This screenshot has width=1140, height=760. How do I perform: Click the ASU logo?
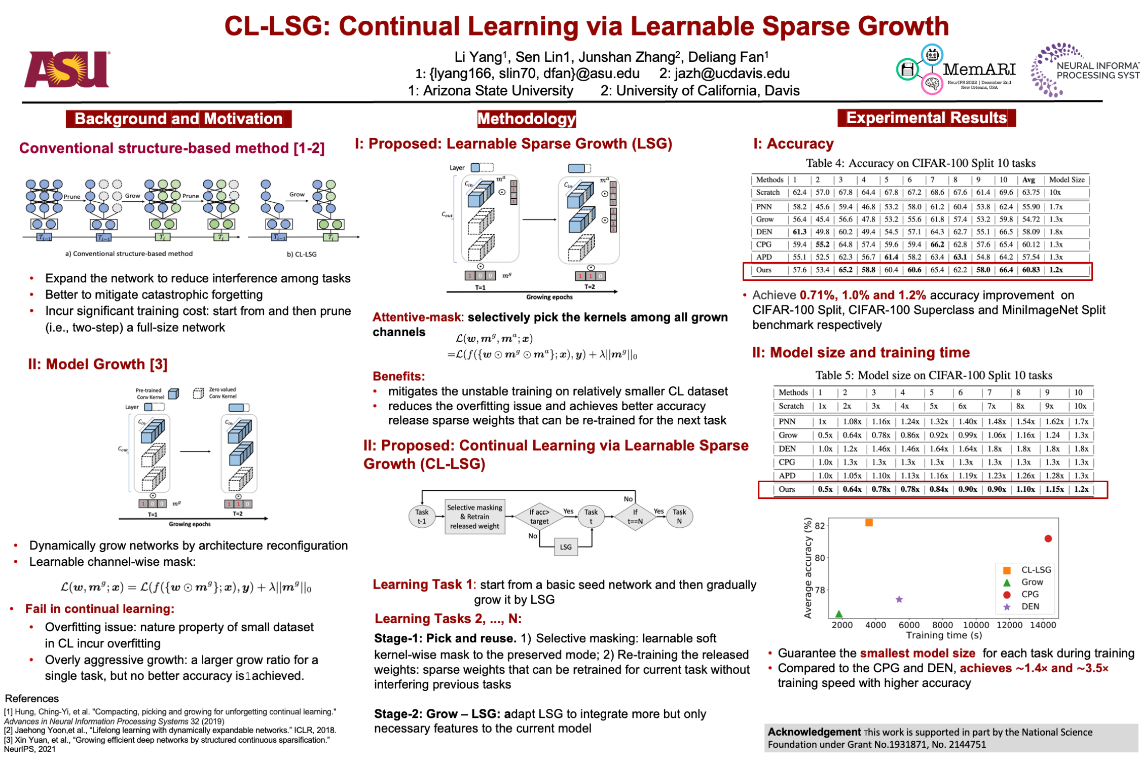[66, 69]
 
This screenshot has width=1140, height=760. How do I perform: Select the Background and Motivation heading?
[178, 119]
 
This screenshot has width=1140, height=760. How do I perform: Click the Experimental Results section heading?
[926, 118]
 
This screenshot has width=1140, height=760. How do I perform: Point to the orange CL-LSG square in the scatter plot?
[869, 523]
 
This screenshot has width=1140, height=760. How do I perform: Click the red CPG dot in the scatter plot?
[1048, 538]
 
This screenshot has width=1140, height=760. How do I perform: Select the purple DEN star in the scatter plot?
[899, 599]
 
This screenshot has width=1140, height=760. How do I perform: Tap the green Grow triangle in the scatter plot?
[839, 614]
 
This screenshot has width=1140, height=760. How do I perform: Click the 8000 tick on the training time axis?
[942, 625]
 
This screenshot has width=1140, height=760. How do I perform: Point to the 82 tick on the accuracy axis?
[820, 526]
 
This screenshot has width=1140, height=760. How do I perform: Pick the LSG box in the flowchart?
[566, 547]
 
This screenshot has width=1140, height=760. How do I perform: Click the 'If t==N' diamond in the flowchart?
[635, 517]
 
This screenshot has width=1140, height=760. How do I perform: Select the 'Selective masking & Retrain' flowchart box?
[474, 517]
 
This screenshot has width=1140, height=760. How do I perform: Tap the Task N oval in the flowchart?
[679, 517]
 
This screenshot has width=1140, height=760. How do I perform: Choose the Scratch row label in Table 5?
[791, 406]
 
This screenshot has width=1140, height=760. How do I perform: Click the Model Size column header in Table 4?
[1067, 179]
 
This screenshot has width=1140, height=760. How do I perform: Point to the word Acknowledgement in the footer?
[814, 732]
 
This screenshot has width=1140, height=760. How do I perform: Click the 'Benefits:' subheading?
[398, 376]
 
